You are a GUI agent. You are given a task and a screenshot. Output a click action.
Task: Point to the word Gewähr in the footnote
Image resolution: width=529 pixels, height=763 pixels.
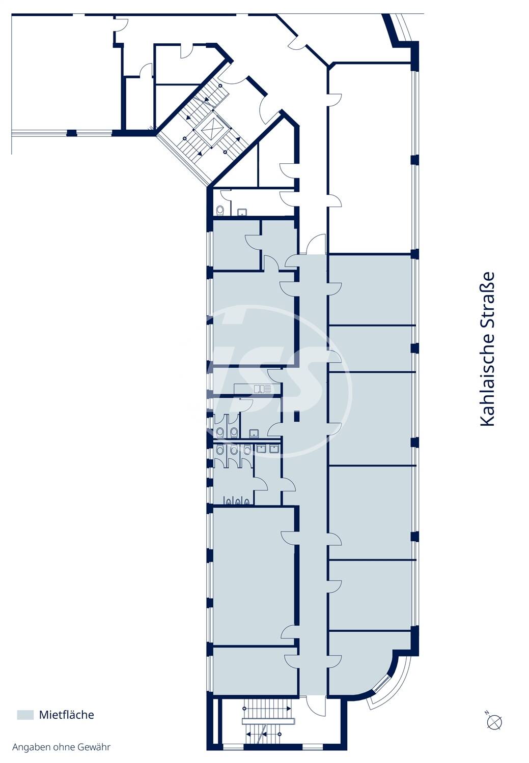click(94, 747)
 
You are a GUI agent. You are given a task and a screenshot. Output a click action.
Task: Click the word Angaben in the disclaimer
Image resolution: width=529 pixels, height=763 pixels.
click(29, 747)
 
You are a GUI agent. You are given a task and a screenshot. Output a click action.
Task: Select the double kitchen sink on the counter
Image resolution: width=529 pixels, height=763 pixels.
click(263, 389)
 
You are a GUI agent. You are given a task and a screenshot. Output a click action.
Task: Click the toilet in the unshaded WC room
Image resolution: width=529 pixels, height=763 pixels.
click(220, 210)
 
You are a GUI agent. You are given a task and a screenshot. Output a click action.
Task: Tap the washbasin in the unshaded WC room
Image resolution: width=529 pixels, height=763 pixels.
click(242, 213)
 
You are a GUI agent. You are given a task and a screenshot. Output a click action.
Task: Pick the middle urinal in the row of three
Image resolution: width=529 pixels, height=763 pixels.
click(238, 501)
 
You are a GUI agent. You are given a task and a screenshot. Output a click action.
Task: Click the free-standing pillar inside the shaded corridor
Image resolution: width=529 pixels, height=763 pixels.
click(296, 416)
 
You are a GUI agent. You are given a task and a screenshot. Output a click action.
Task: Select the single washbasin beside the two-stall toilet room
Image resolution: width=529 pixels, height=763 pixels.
click(254, 433)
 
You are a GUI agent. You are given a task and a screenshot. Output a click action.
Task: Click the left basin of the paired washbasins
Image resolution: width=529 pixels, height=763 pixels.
click(261, 449)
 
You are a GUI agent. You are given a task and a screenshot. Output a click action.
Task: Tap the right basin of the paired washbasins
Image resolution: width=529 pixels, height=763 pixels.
click(274, 449)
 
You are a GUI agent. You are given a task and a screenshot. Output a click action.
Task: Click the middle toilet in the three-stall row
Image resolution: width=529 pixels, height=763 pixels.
click(234, 450)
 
